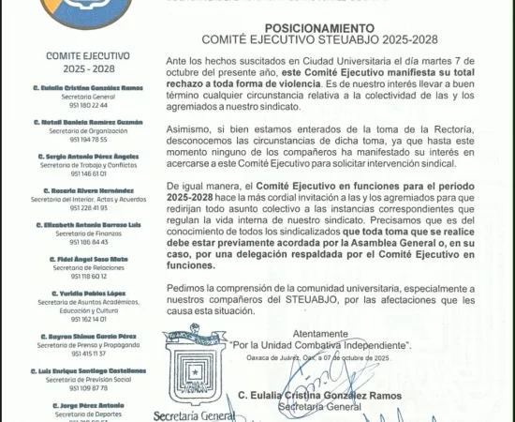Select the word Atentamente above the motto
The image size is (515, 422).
coord(320,333)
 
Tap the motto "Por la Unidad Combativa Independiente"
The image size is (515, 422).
coord(320,343)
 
